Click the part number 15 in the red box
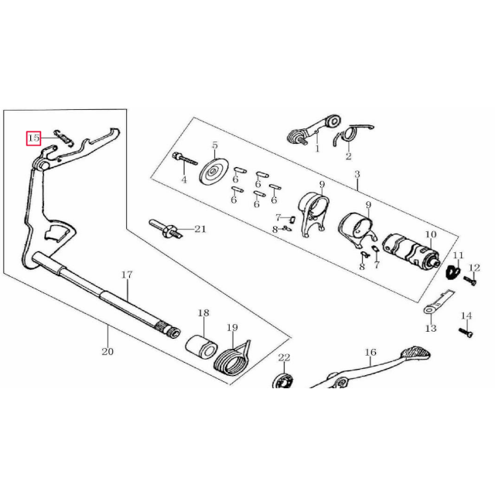(x=33, y=138)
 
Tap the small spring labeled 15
(x=63, y=138)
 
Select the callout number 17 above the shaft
(x=127, y=275)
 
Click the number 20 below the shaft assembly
(x=108, y=351)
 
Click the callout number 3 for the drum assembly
(x=357, y=174)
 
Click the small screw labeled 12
(x=469, y=280)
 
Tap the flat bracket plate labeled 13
(x=439, y=302)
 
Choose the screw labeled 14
(x=466, y=332)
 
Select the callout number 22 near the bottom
(x=284, y=357)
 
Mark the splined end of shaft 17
(x=170, y=330)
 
